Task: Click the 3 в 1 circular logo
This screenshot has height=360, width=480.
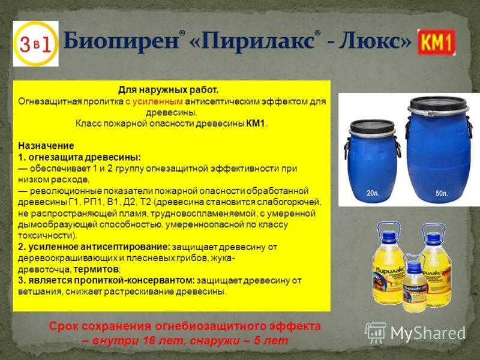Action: [35, 43]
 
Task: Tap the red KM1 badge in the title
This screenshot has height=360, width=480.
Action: [437, 42]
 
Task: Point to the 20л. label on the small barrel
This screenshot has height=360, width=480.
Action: [373, 193]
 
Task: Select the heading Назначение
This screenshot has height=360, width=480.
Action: [46, 146]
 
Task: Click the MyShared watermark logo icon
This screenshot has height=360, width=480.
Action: [376, 332]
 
